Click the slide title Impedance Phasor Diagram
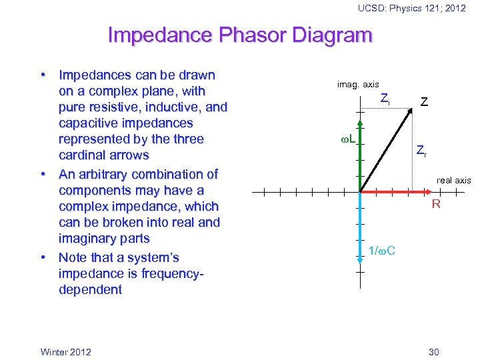[x=239, y=35]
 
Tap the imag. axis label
[x=358, y=84]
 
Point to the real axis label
[x=453, y=180]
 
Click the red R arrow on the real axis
[x=393, y=192]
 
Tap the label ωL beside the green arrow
[x=347, y=141]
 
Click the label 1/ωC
[x=381, y=251]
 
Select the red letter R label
[x=435, y=204]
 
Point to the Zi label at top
[x=385, y=99]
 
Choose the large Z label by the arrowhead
[x=424, y=102]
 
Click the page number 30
[x=435, y=351]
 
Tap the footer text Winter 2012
[x=66, y=351]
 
